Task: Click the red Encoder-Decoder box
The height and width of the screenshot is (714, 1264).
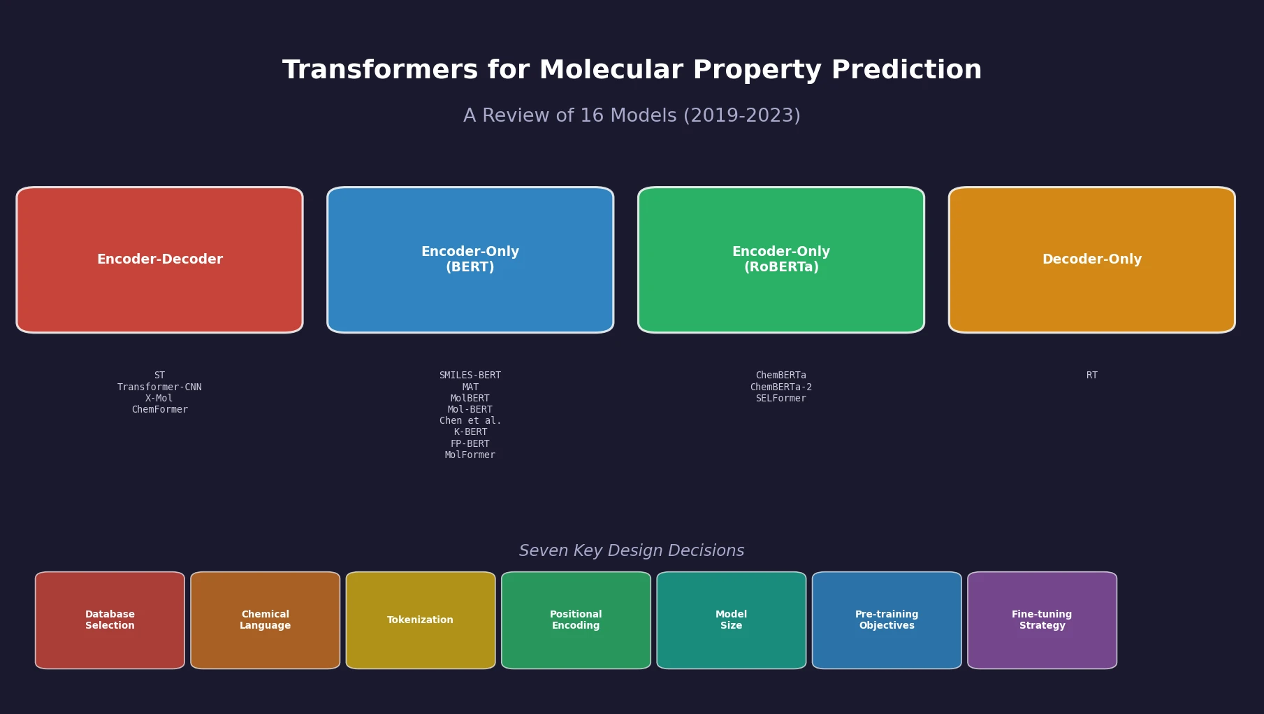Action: click(x=159, y=259)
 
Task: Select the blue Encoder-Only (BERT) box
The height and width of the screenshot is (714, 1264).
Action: click(x=470, y=259)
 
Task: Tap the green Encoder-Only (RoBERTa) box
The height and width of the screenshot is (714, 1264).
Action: click(x=781, y=259)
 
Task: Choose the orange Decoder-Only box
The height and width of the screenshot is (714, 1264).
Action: click(x=1091, y=259)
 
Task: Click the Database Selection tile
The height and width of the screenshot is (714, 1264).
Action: click(x=110, y=620)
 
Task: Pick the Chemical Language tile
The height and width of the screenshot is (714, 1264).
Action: click(x=266, y=620)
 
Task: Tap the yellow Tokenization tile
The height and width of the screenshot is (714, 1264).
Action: click(x=421, y=620)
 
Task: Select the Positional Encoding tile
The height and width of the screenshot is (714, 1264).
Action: click(x=576, y=620)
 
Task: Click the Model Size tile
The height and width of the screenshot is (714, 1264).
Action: click(x=732, y=620)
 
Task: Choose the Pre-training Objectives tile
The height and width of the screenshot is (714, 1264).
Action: click(x=887, y=620)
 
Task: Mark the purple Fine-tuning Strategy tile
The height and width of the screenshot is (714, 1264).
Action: click(x=1042, y=620)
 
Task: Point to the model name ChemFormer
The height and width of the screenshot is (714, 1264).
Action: click(x=159, y=410)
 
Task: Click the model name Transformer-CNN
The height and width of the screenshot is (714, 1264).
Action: click(x=159, y=387)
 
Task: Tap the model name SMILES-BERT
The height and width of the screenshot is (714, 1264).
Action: click(x=470, y=376)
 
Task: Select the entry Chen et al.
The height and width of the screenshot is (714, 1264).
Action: click(x=470, y=421)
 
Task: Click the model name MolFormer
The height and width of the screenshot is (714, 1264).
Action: click(x=470, y=455)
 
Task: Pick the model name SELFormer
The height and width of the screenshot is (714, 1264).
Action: click(x=781, y=399)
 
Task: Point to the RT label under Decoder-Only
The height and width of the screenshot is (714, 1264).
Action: click(x=1091, y=376)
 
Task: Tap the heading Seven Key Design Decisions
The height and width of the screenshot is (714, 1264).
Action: click(x=632, y=551)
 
